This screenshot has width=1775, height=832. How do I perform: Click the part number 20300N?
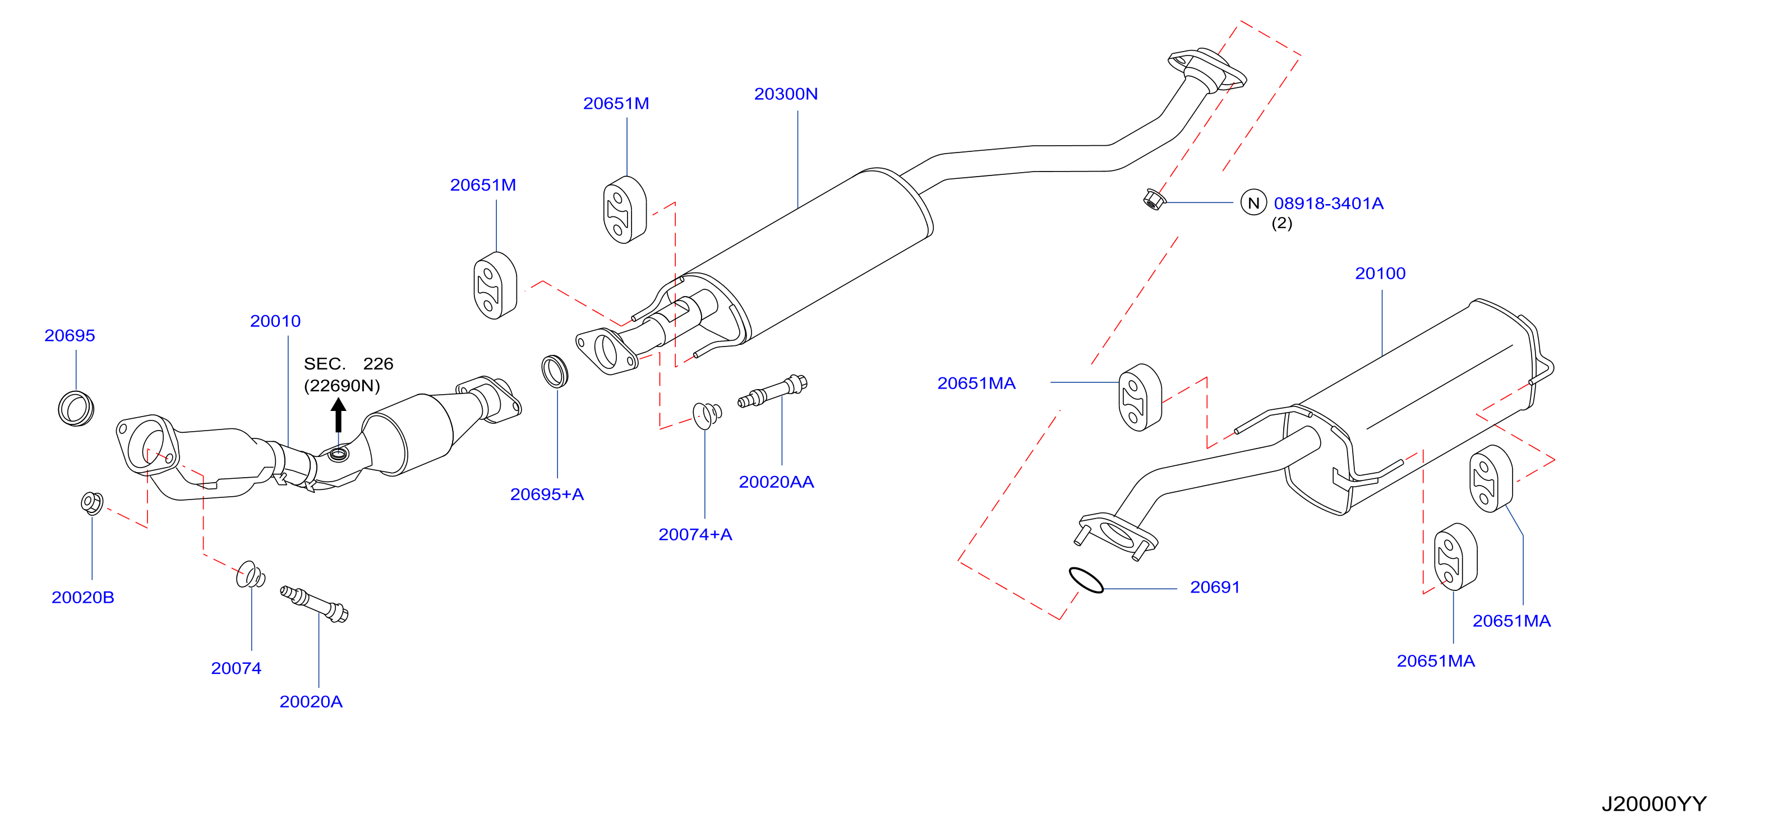[786, 94]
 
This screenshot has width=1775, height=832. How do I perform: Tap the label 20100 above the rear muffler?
[1380, 274]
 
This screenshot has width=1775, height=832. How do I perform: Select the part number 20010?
[275, 321]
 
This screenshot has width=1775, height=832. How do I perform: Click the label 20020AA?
[776, 482]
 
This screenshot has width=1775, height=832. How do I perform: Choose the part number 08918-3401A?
[1328, 203]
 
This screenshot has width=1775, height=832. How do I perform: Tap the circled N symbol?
[1253, 202]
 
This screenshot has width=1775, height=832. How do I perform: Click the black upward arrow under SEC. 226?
[338, 415]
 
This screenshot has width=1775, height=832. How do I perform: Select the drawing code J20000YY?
[1654, 804]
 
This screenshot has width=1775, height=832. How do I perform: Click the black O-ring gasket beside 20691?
[1085, 579]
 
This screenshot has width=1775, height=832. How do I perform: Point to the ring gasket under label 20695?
[76, 408]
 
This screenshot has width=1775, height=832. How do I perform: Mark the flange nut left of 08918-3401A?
[1154, 200]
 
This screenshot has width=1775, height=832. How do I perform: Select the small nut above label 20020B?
[91, 503]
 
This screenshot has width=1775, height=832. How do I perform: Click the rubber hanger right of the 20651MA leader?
[1140, 397]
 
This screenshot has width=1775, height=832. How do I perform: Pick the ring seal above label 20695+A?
[555, 371]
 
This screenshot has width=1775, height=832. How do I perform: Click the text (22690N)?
[342, 386]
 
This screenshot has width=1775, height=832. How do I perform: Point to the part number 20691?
[1215, 588]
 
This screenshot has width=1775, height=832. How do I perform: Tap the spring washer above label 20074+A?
[707, 415]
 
